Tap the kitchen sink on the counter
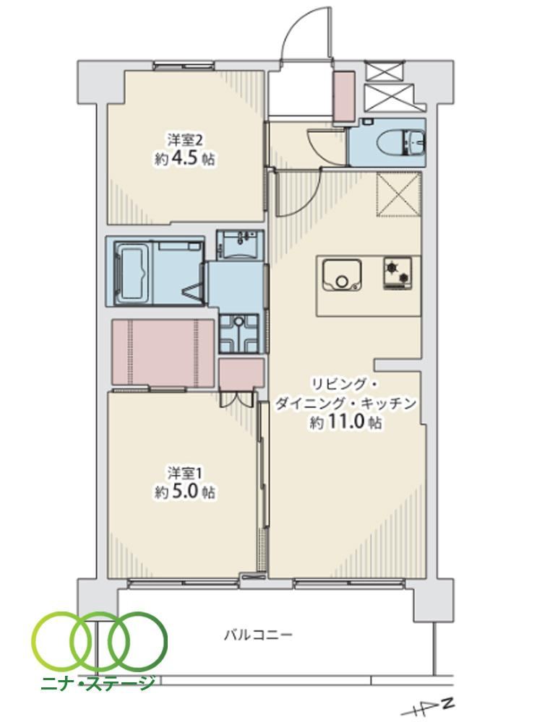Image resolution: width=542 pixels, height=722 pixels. [342, 275]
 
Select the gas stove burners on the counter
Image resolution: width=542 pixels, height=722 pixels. [397, 273]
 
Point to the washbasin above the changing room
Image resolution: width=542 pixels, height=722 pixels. [240, 243]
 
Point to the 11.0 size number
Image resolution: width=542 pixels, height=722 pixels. [346, 422]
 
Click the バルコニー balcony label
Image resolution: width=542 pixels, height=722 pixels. [258, 636]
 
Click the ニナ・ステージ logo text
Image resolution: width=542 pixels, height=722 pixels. [98, 683]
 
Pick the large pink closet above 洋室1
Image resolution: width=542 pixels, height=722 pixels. [163, 353]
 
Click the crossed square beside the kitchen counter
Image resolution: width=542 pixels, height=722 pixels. [399, 193]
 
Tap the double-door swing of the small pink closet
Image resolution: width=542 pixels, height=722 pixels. [237, 399]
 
